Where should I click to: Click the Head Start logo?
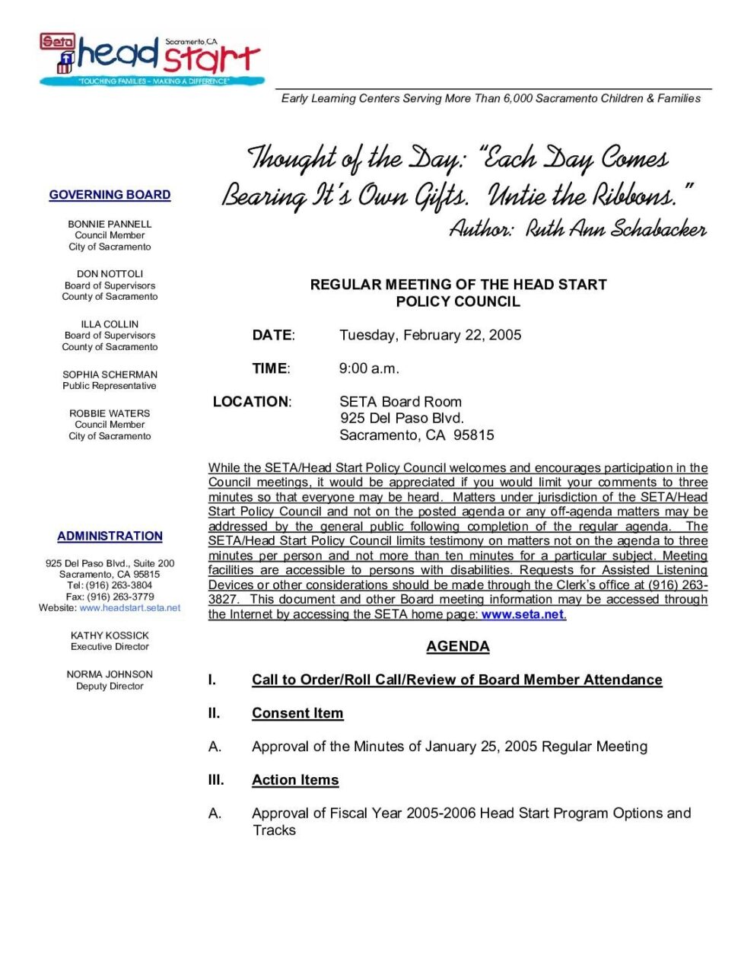152,58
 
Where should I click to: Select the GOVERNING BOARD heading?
110,195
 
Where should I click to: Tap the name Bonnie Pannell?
110,224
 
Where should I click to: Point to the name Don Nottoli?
110,273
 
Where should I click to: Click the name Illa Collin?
110,323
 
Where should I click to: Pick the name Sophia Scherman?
110,374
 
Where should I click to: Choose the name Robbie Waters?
110,413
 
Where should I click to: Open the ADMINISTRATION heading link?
110,536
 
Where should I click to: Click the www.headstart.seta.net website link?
130,608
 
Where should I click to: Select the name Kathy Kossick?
110,636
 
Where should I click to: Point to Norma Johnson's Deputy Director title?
110,686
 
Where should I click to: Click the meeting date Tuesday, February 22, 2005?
430,335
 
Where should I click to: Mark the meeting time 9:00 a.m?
369,368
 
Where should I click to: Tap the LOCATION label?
251,402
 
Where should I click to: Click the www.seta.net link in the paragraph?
523,614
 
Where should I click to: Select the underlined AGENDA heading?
457,646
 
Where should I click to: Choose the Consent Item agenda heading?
297,713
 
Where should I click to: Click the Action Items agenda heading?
295,780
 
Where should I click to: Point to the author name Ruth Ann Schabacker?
616,229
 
